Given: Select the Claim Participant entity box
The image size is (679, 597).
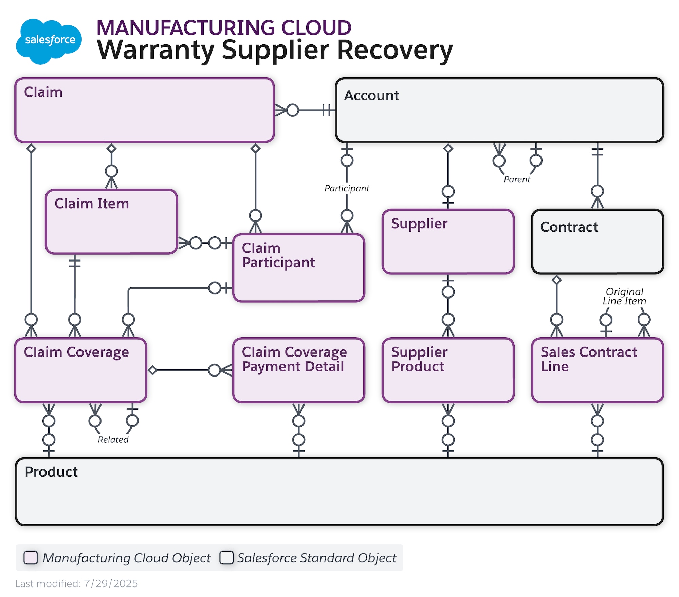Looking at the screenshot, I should (x=298, y=268).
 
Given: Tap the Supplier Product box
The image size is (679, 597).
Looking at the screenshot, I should (x=448, y=370).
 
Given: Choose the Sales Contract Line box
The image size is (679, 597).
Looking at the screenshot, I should (x=597, y=370).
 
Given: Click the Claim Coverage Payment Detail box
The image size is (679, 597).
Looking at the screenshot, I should (x=298, y=370).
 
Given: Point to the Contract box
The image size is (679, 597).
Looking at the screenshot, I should (x=597, y=242).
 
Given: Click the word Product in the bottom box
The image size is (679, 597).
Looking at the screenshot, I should (x=51, y=472).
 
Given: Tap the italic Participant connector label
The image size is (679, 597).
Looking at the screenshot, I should (x=347, y=188).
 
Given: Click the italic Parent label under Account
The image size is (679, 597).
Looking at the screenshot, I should (x=516, y=179).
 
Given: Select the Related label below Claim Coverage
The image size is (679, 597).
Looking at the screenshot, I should (x=113, y=439).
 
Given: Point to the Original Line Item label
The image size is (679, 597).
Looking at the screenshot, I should (x=624, y=296).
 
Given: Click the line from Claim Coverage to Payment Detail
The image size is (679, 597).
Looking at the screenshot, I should (x=183, y=370).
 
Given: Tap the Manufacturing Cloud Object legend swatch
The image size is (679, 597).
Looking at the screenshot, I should (x=31, y=558).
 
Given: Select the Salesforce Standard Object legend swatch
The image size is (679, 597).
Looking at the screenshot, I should (x=226, y=558).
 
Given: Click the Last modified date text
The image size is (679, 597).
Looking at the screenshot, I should (x=77, y=583).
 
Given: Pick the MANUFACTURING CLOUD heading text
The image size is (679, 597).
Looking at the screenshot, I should (x=224, y=27).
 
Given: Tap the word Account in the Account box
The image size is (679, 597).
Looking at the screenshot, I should (x=371, y=96).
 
